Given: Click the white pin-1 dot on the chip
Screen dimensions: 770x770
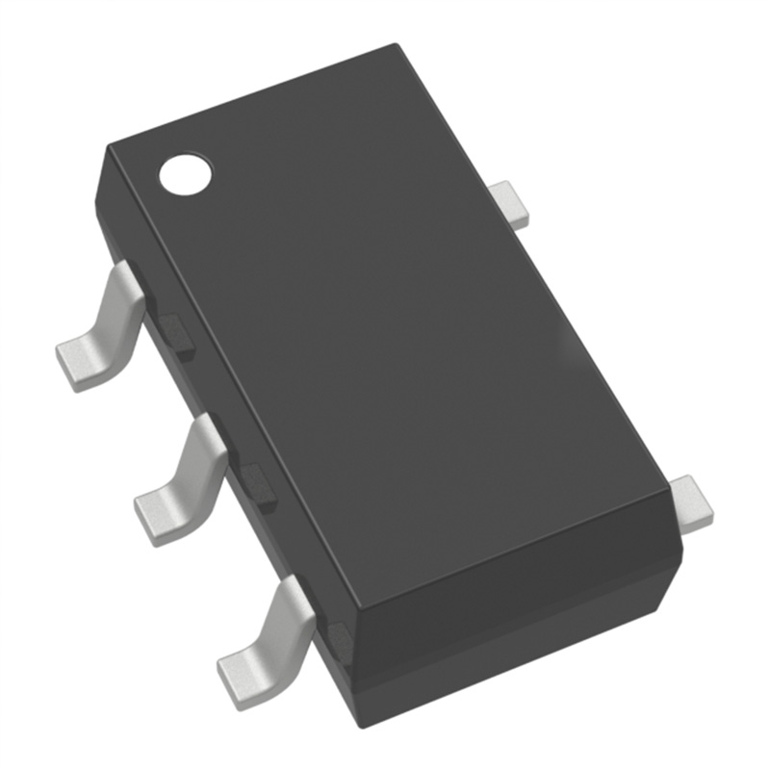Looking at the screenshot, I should (185, 173).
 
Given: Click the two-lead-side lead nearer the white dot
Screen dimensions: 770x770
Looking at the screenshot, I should (509, 204).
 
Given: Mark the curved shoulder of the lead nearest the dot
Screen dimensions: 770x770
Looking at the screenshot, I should (125, 289).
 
